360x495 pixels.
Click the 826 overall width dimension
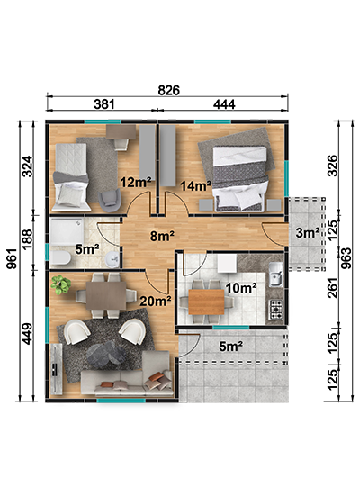(168, 90)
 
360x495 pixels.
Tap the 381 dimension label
(103, 103)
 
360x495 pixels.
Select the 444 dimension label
(224, 103)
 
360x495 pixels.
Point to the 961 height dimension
(12, 258)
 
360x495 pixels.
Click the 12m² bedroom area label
(136, 182)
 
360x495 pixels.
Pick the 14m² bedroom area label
(196, 185)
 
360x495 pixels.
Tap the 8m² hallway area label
(162, 236)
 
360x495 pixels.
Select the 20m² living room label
(156, 301)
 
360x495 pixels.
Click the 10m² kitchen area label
(241, 288)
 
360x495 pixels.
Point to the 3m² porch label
(308, 233)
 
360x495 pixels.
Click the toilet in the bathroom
(61, 258)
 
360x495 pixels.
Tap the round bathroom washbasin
(112, 259)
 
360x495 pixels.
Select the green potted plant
(61, 284)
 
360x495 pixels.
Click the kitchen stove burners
(275, 309)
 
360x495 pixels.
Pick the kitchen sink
(275, 274)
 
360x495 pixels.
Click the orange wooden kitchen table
(206, 301)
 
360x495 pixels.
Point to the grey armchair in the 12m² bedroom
(110, 201)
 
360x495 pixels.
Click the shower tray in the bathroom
(67, 231)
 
